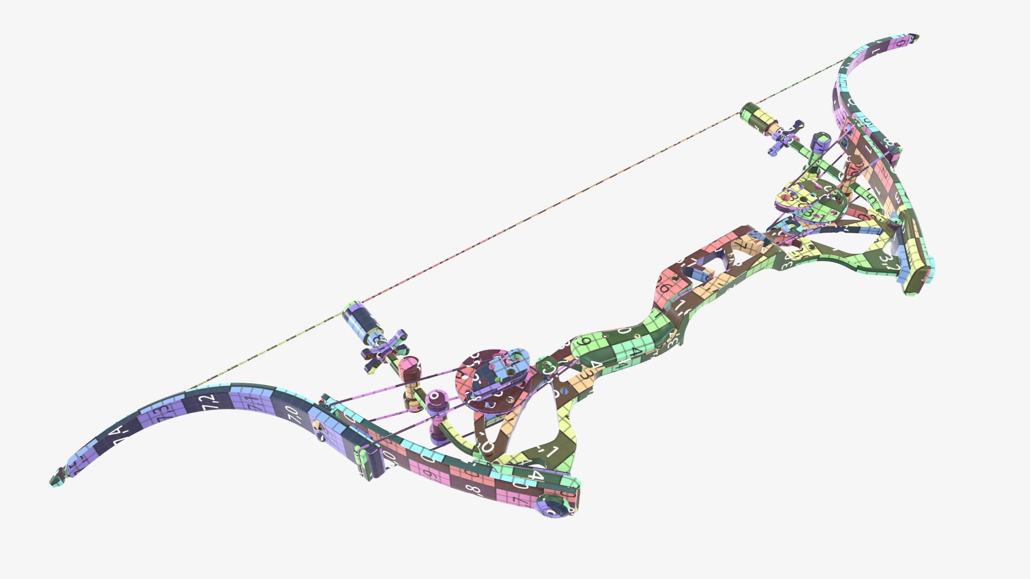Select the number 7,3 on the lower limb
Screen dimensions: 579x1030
[x=159, y=414]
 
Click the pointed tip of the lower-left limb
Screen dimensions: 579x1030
[x=54, y=480]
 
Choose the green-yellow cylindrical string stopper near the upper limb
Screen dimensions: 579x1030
[x=756, y=118]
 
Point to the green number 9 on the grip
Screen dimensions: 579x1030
[x=586, y=342]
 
